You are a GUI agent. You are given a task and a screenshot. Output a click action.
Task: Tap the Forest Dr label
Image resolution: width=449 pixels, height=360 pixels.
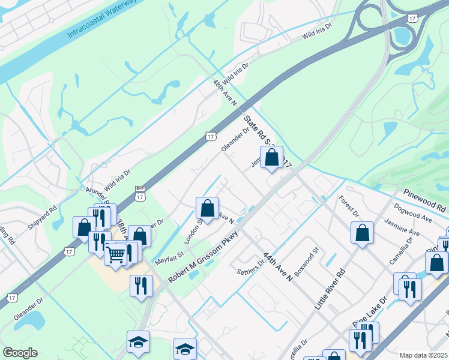348,205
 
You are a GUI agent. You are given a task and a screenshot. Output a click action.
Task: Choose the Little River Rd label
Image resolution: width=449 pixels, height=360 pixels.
330,290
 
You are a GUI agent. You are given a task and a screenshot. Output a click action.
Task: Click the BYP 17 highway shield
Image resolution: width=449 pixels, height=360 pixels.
139,193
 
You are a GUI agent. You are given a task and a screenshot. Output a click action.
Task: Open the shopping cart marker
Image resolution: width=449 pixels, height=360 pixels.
116,254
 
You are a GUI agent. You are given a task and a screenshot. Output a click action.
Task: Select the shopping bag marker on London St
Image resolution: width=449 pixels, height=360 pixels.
207,209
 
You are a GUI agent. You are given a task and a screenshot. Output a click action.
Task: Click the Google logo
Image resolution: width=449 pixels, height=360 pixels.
20,353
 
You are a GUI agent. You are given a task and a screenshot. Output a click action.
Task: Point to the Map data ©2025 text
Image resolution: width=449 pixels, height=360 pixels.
423,355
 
